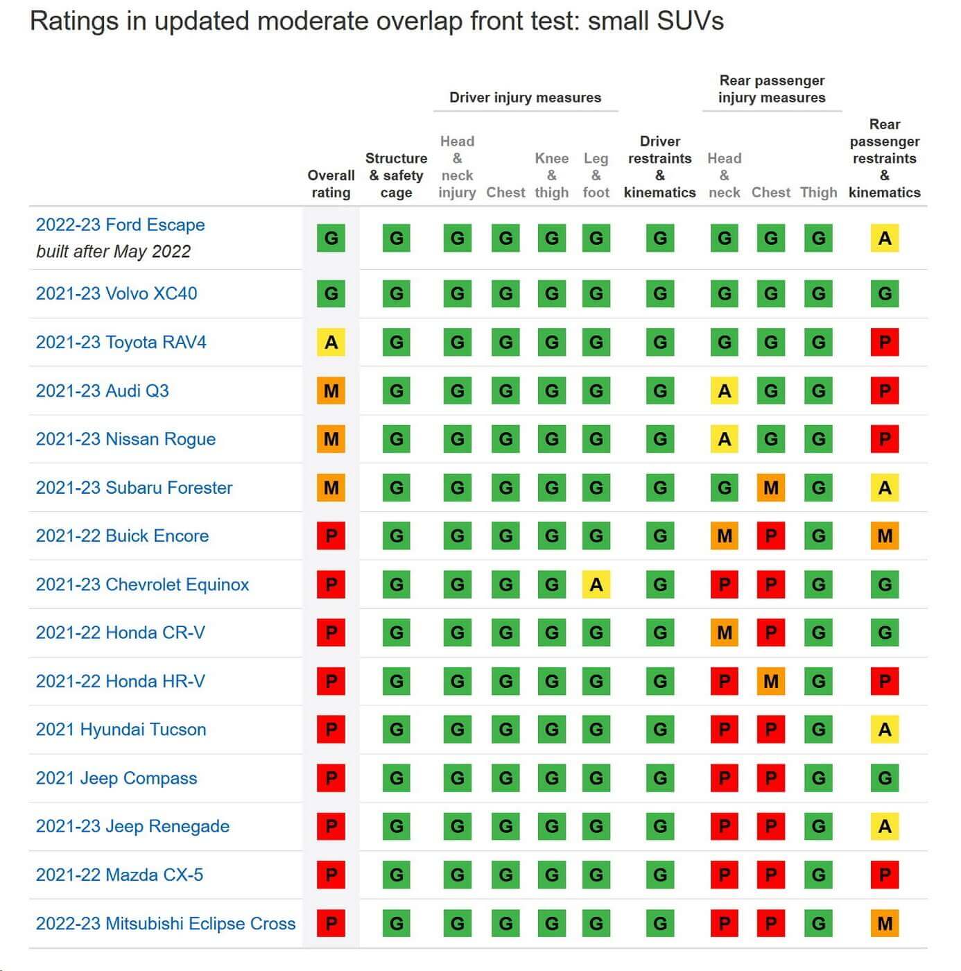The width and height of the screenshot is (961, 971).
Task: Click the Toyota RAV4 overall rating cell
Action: click(331, 342)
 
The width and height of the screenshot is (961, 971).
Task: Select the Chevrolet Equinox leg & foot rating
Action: click(596, 585)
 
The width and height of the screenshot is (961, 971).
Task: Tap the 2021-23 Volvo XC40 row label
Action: click(116, 293)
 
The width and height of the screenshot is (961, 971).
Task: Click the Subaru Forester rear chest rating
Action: click(770, 488)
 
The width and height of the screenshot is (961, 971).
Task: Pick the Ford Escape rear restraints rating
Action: click(884, 239)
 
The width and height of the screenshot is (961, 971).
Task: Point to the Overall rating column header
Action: click(331, 184)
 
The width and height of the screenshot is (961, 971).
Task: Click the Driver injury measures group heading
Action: click(525, 98)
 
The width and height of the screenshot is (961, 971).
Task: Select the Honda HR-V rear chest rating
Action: click(770, 681)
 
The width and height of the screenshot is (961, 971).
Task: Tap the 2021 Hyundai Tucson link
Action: click(121, 730)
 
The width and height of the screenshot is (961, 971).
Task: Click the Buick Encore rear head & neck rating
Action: click(724, 536)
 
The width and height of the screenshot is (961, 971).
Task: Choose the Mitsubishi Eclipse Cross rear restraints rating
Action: click(884, 923)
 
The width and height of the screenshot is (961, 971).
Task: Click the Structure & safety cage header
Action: click(396, 175)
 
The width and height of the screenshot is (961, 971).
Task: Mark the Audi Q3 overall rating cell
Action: click(331, 390)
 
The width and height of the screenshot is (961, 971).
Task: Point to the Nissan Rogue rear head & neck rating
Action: click(724, 439)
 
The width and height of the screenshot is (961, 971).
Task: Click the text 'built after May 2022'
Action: click(113, 251)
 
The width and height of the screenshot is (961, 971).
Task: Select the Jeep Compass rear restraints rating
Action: click(884, 778)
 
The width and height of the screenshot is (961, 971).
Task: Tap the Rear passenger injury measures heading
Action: click(772, 89)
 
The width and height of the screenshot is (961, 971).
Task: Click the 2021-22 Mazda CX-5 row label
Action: click(119, 875)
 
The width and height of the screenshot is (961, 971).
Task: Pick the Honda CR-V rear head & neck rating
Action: click(724, 633)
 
